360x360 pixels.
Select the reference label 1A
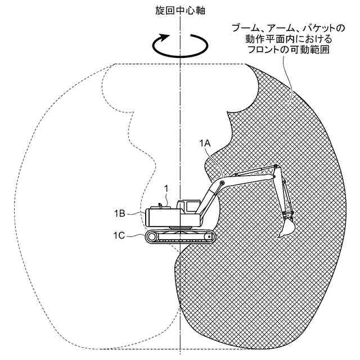(x=205, y=144)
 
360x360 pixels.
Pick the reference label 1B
(x=119, y=213)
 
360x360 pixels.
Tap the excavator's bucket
(x=287, y=226)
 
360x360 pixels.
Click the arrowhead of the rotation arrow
(x=164, y=37)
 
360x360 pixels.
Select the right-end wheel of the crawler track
(x=209, y=237)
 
